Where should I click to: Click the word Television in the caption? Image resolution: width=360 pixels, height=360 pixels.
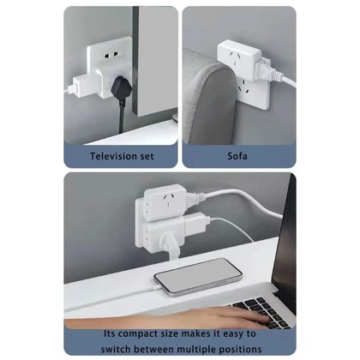pyautogui.click(x=115, y=156)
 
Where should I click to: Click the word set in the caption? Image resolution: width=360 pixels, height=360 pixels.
pyautogui.click(x=147, y=156)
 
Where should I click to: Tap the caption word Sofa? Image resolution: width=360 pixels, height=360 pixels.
pyautogui.click(x=237, y=156)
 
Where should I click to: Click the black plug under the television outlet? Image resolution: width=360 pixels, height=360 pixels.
pyautogui.click(x=120, y=88)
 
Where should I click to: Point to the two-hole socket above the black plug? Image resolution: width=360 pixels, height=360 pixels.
pyautogui.click(x=111, y=54)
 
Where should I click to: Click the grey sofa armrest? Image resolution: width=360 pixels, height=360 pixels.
pyautogui.click(x=208, y=97)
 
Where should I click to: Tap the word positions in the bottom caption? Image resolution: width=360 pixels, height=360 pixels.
pyautogui.click(x=240, y=350)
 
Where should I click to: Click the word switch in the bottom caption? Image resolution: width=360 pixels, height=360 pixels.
pyautogui.click(x=116, y=349)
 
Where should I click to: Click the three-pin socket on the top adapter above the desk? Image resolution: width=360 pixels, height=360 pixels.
pyautogui.click(x=169, y=201)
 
